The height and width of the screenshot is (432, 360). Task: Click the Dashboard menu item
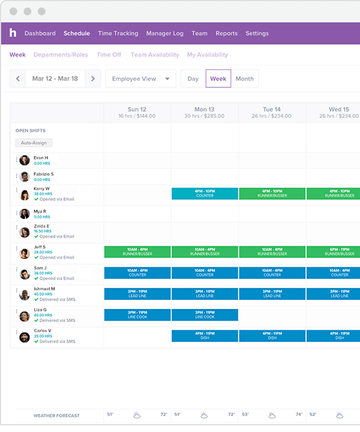[x=40, y=33]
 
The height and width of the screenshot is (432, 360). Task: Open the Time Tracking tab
[x=118, y=33]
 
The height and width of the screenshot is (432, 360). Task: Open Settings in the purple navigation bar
[x=257, y=33]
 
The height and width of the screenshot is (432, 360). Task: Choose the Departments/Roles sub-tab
[x=61, y=55]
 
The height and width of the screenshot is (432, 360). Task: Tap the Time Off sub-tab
[x=110, y=55]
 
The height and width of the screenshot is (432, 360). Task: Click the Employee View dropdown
[x=140, y=78]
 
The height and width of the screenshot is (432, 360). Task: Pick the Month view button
[x=244, y=78]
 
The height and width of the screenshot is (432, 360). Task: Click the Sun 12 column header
[x=138, y=110]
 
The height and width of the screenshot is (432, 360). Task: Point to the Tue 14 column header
[x=270, y=110]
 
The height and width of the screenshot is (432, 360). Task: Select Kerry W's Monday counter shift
[x=204, y=192]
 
